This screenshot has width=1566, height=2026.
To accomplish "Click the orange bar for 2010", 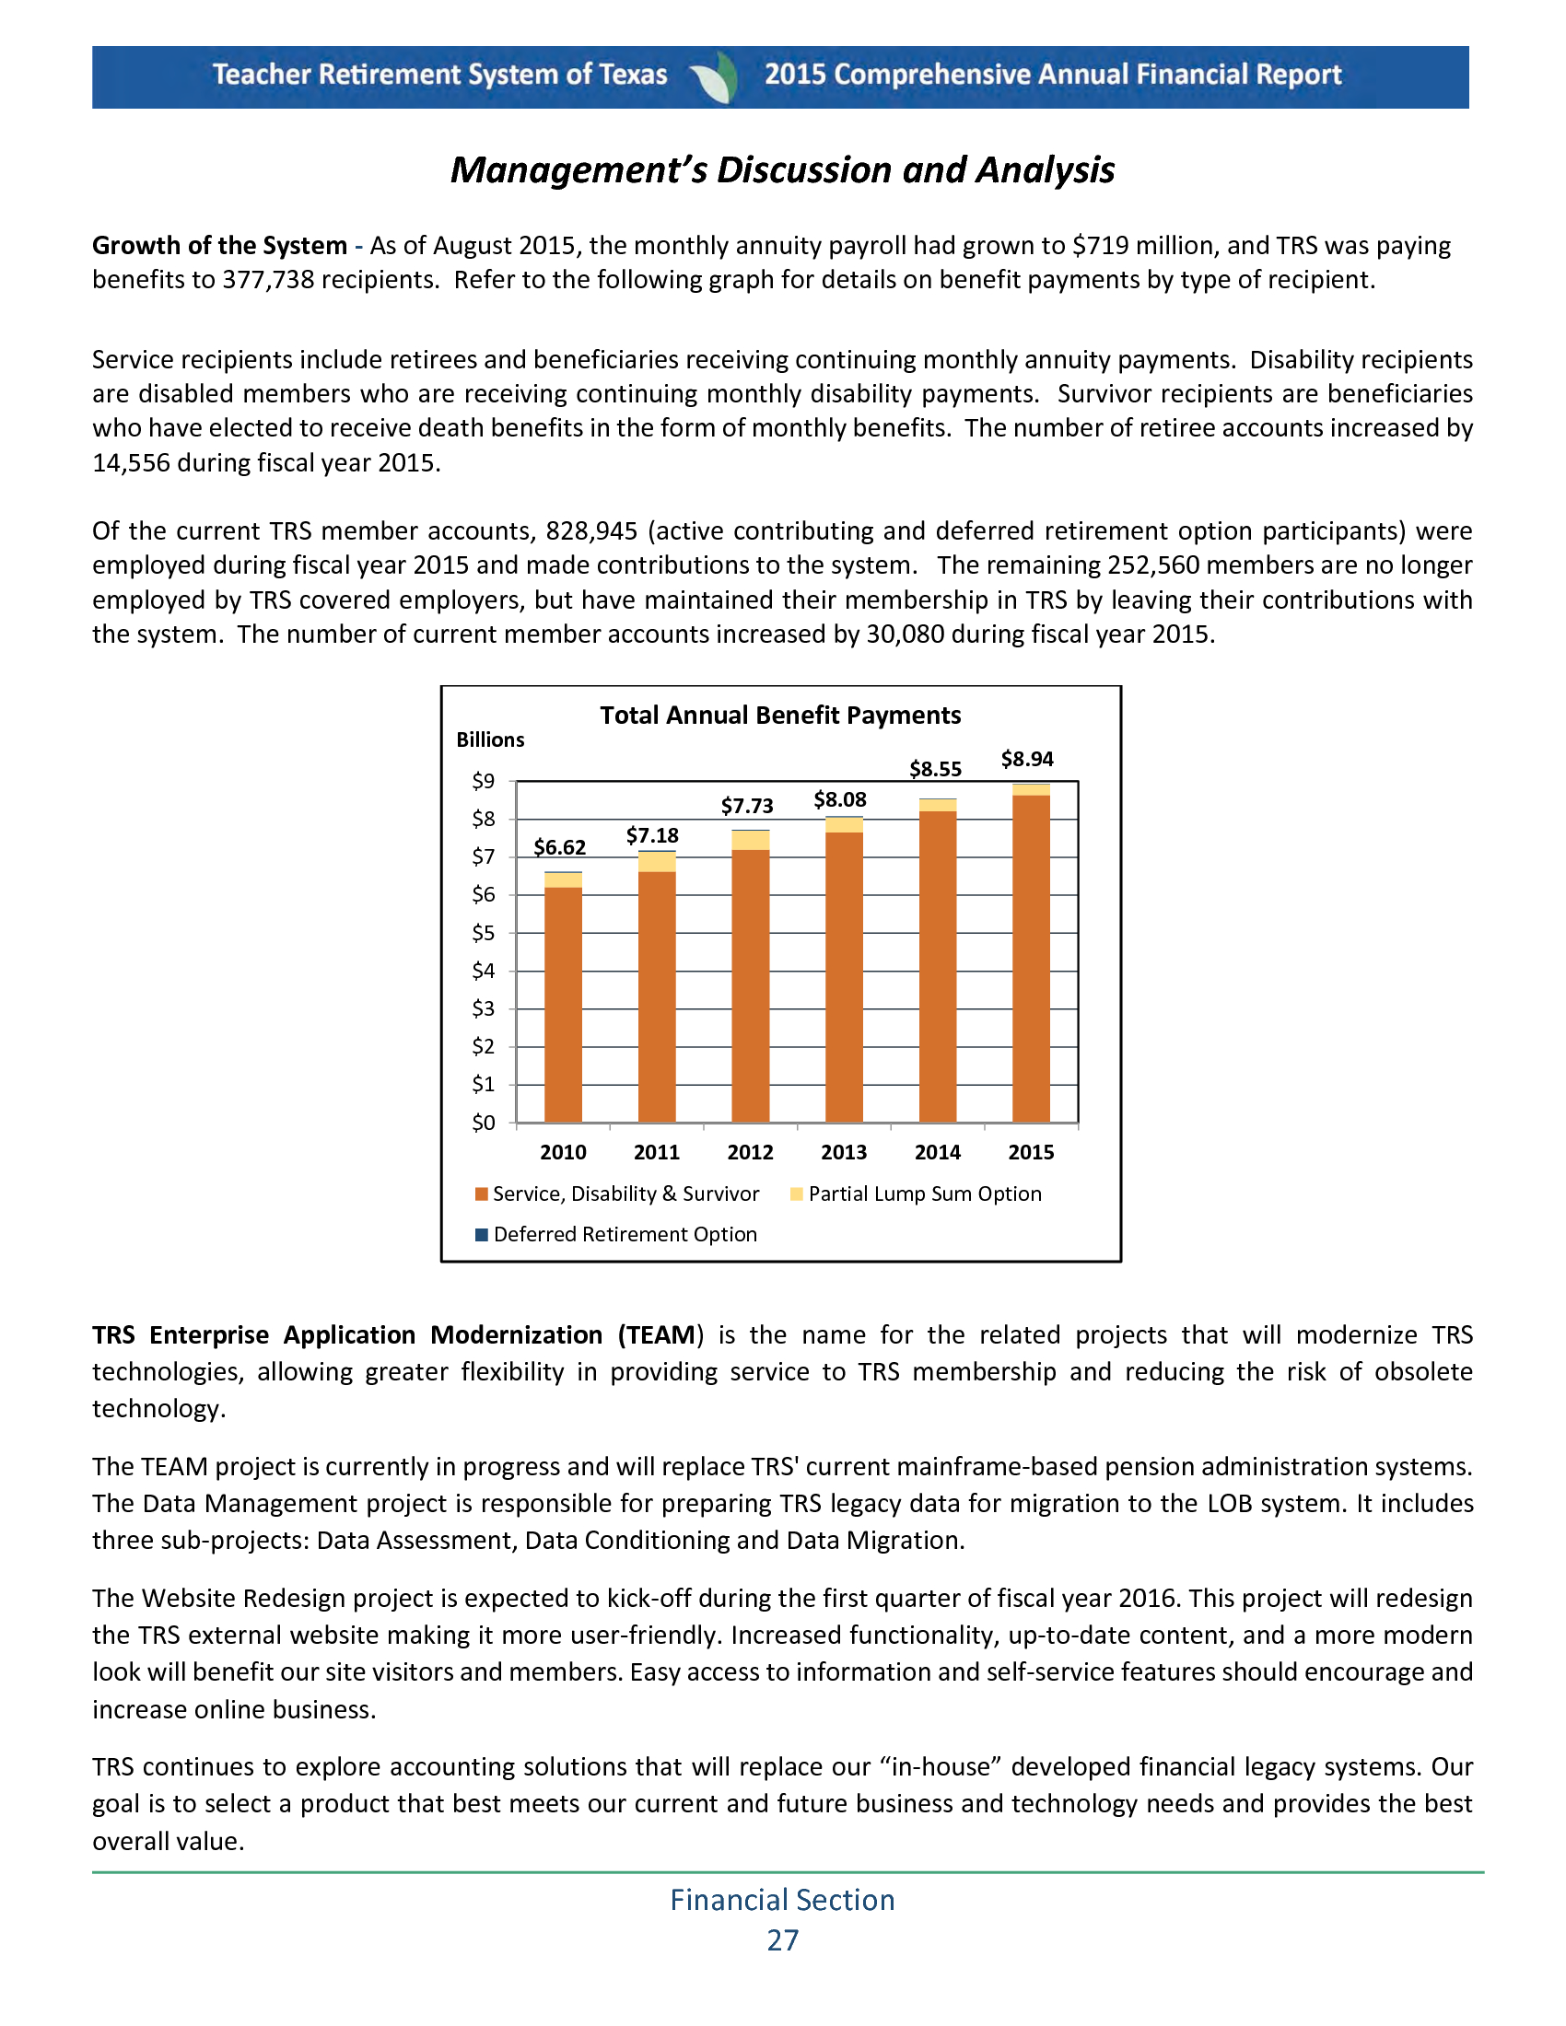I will click(x=563, y=1004).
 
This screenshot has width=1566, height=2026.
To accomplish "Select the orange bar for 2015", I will click(x=1031, y=958).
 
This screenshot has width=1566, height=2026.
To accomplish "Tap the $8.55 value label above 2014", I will click(x=935, y=769).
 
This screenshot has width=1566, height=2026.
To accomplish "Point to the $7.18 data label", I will click(x=652, y=836).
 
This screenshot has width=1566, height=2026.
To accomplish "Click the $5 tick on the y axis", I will click(x=484, y=933).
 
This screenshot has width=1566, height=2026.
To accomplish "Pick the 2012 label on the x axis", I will click(x=750, y=1152).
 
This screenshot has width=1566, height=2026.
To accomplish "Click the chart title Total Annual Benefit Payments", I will click(x=780, y=716).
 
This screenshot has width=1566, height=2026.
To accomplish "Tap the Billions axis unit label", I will click(x=490, y=740).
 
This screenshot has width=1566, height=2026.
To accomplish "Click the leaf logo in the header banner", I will click(x=716, y=77).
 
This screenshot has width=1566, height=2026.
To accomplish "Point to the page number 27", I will click(x=782, y=1940).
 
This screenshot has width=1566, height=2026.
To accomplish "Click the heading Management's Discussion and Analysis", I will click(x=782, y=169).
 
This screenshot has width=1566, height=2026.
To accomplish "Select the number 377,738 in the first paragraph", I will click(x=268, y=280).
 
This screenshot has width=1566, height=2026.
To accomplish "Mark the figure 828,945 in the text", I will click(x=591, y=531).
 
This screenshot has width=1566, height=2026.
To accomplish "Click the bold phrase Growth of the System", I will click(x=219, y=246).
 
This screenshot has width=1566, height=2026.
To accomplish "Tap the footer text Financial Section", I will click(x=782, y=1900).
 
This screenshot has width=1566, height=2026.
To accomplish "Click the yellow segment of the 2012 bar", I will click(x=750, y=841).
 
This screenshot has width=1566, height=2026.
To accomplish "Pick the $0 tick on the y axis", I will click(x=484, y=1124).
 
